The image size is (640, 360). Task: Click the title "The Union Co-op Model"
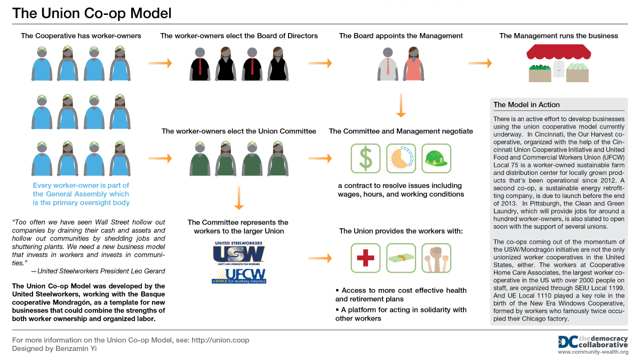92,13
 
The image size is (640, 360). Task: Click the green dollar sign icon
365,158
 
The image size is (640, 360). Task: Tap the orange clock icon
401,158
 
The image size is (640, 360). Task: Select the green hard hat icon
436,158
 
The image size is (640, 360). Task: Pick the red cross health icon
365,258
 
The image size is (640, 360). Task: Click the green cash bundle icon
401,258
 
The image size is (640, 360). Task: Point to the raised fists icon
436,258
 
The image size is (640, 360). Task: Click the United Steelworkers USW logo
238,253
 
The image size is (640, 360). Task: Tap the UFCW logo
238,275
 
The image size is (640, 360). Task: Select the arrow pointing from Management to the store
479,63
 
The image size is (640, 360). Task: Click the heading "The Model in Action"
526,105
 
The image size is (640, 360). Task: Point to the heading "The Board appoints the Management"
401,36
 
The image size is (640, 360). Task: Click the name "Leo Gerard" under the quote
146,271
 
